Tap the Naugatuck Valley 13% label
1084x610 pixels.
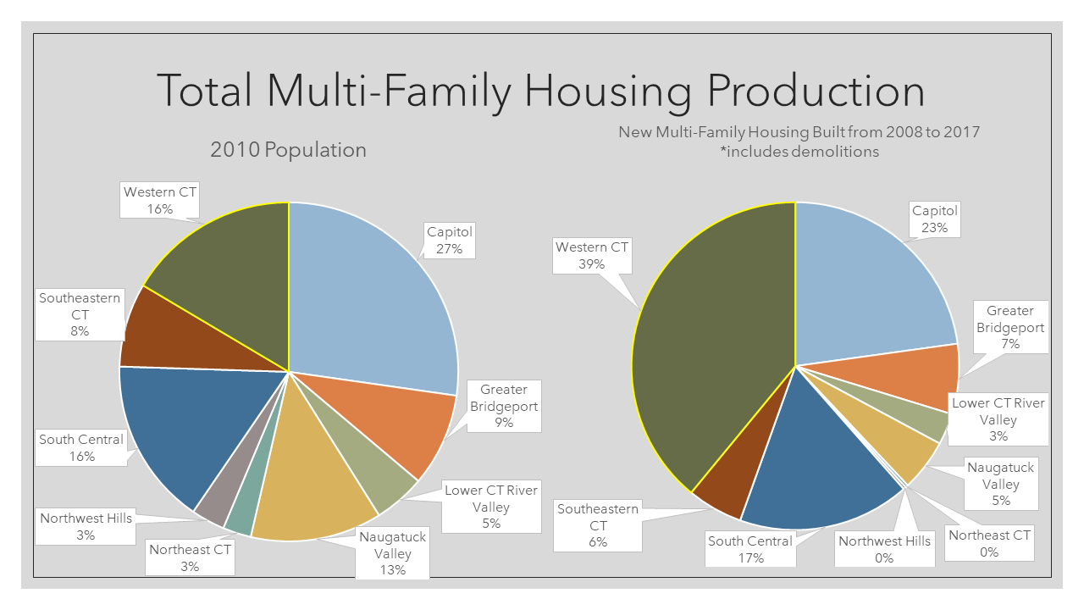pyautogui.click(x=393, y=553)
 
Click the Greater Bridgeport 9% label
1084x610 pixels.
pyautogui.click(x=504, y=406)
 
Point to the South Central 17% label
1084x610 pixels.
pyautogui.click(x=750, y=549)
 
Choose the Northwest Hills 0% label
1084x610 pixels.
pyautogui.click(x=884, y=549)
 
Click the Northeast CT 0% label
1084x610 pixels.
pyautogui.click(x=989, y=543)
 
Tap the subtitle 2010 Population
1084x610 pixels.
pyautogui.click(x=288, y=150)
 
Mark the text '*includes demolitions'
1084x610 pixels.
pyautogui.click(x=799, y=152)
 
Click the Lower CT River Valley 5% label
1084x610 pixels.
pyautogui.click(x=491, y=507)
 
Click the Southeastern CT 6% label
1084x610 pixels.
pyautogui.click(x=598, y=525)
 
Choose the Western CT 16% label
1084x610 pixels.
pyautogui.click(x=160, y=200)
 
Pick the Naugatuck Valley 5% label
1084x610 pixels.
pyautogui.click(x=1000, y=484)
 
